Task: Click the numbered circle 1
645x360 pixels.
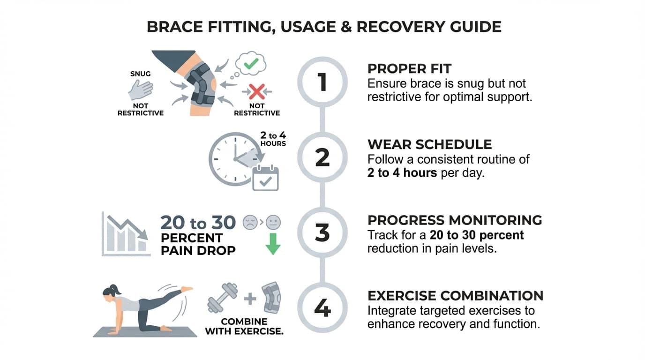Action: pyautogui.click(x=322, y=82)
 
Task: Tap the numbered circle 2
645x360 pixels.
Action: pyautogui.click(x=322, y=158)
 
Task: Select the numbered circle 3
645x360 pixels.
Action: pyautogui.click(x=322, y=233)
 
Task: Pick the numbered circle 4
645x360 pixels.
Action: pyautogui.click(x=322, y=308)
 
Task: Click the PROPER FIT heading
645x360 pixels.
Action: pyautogui.click(x=409, y=68)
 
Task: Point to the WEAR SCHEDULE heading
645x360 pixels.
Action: pyautogui.click(x=429, y=144)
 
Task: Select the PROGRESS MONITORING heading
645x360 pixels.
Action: pyautogui.click(x=454, y=220)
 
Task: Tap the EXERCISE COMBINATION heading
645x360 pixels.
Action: pyautogui.click(x=455, y=296)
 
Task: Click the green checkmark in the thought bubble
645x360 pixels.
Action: pyautogui.click(x=252, y=63)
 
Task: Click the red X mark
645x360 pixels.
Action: pyautogui.click(x=256, y=90)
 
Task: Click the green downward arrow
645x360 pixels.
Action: pyautogui.click(x=273, y=244)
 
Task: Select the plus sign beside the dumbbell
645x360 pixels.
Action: pyautogui.click(x=250, y=298)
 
